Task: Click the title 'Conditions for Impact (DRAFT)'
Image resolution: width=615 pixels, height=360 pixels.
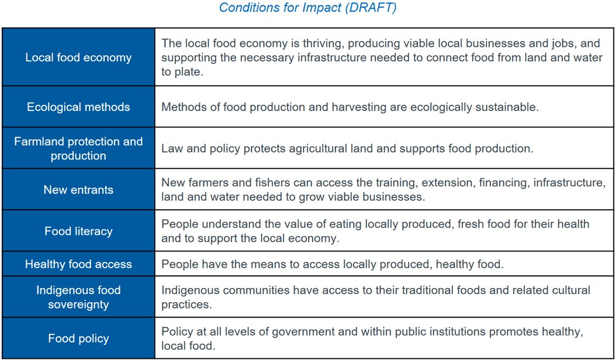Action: pos(307,8)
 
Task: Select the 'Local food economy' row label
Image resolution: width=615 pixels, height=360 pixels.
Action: pos(78,57)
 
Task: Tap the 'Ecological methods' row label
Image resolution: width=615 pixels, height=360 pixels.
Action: pos(78,107)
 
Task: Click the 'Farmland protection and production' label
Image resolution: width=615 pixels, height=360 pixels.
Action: pos(78,148)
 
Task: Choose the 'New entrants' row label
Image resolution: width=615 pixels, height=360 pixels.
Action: pos(78,190)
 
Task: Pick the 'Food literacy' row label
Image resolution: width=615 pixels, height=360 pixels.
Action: pos(78,231)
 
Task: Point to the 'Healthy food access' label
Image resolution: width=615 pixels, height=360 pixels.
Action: pos(78,264)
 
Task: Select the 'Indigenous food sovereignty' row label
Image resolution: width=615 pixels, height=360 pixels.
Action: pos(78,297)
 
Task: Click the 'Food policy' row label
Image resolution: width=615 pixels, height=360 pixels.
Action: pos(78,338)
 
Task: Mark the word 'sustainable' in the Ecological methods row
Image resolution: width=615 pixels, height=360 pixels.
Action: pos(506,107)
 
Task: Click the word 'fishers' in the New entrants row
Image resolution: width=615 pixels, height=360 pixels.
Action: pos(274,183)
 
